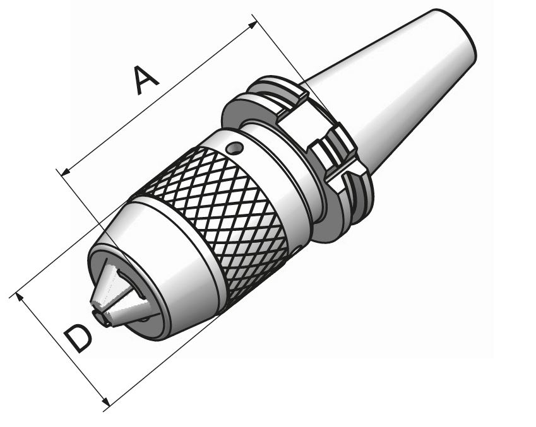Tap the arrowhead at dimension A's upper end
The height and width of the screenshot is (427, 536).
point(253,24)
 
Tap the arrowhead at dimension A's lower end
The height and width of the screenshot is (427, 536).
point(65,172)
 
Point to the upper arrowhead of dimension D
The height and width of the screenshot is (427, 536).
point(20,297)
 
